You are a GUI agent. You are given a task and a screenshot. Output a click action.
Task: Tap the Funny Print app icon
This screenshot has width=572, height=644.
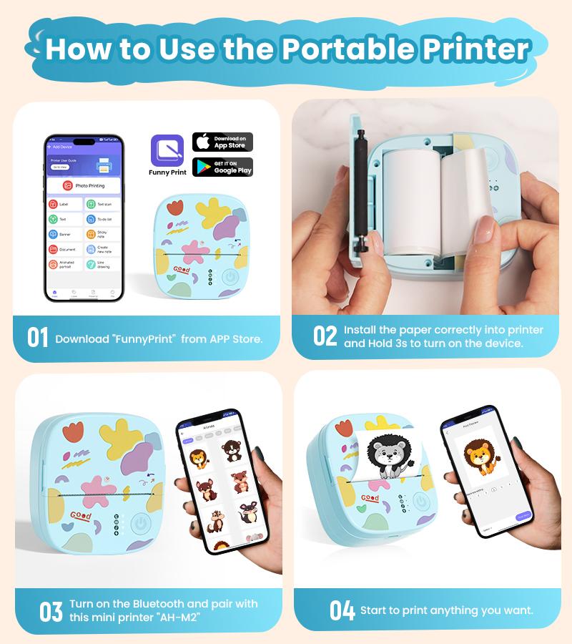pos(167,151)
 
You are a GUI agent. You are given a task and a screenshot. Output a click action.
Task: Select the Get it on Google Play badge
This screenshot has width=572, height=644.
pos(222,167)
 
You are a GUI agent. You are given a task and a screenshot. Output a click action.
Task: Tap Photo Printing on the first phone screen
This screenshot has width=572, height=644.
pos(84,185)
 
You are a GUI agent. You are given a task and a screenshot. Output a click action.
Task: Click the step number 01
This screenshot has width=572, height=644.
pos(38,338)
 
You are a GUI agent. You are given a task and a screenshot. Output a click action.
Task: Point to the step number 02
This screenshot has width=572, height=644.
pos(325,336)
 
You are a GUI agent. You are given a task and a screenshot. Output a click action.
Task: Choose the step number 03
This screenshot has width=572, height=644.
pos(51,612)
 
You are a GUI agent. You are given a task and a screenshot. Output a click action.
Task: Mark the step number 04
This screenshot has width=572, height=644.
pos(342,610)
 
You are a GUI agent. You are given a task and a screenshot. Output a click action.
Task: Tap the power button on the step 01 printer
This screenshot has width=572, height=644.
pos(230,276)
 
